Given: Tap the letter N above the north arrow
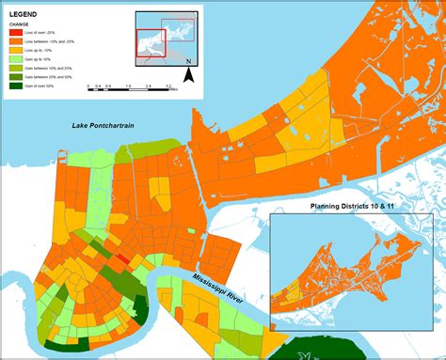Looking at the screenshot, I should [x=188, y=62].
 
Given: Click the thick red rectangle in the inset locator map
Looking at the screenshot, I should [x=150, y=43].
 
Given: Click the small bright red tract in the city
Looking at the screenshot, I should [x=122, y=258].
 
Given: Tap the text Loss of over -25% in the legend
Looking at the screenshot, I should [x=42, y=33].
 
